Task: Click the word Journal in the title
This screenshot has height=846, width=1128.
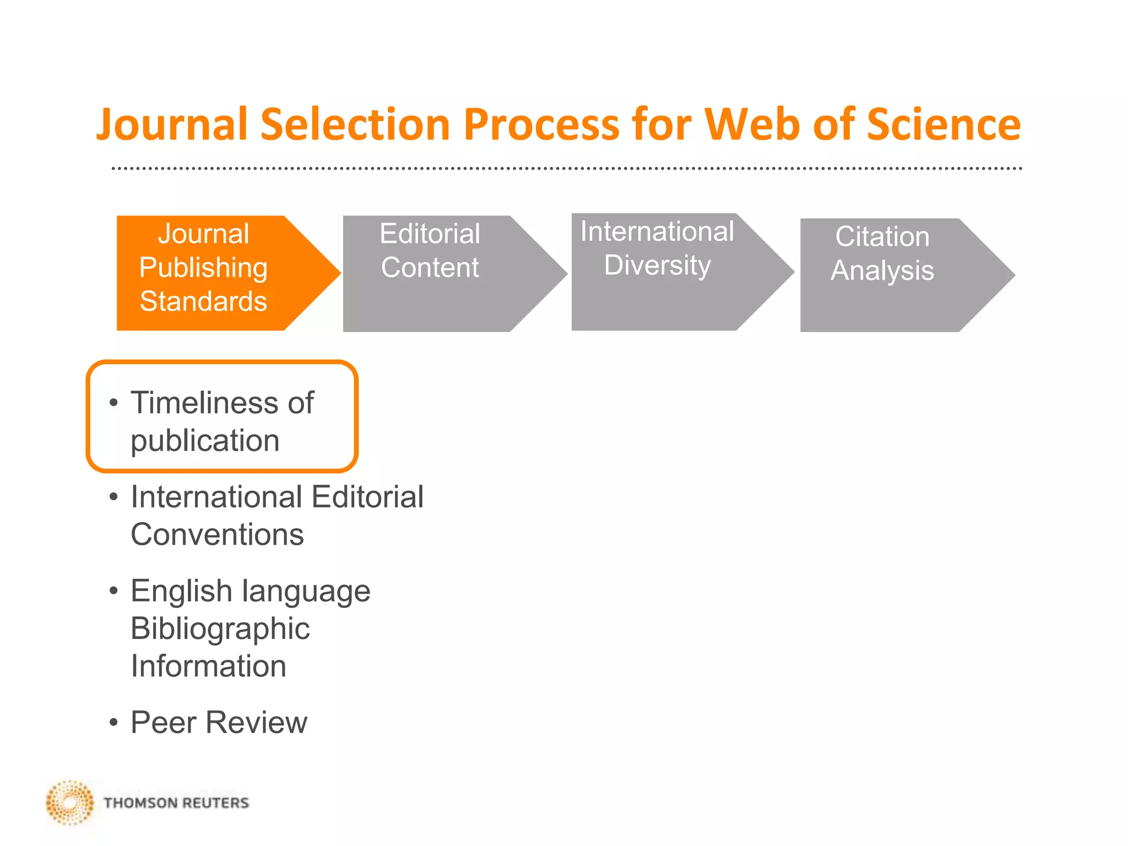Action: [x=171, y=124]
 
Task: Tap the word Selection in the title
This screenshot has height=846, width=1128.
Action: [x=356, y=124]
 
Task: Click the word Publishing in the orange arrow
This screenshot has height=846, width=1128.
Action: [x=203, y=268]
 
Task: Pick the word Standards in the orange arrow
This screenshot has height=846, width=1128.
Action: [x=203, y=301]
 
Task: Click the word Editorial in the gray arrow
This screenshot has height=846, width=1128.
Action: [x=430, y=234]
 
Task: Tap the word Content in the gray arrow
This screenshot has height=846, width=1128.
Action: [x=430, y=268]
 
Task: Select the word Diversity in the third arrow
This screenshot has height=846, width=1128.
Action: [x=657, y=265]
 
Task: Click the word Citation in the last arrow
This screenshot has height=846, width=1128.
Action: [x=882, y=237]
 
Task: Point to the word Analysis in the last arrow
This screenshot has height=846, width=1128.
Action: [x=882, y=270]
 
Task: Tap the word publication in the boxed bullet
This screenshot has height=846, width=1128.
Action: [x=205, y=441]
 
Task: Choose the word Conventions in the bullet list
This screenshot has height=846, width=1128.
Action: [x=217, y=535]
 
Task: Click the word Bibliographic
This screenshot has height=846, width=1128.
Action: [x=220, y=628]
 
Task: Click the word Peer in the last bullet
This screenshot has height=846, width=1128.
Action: [x=163, y=722]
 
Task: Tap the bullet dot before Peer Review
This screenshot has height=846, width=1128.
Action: [x=113, y=722]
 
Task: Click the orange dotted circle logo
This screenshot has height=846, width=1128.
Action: [x=70, y=802]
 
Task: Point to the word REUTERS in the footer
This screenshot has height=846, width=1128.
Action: [x=215, y=803]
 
